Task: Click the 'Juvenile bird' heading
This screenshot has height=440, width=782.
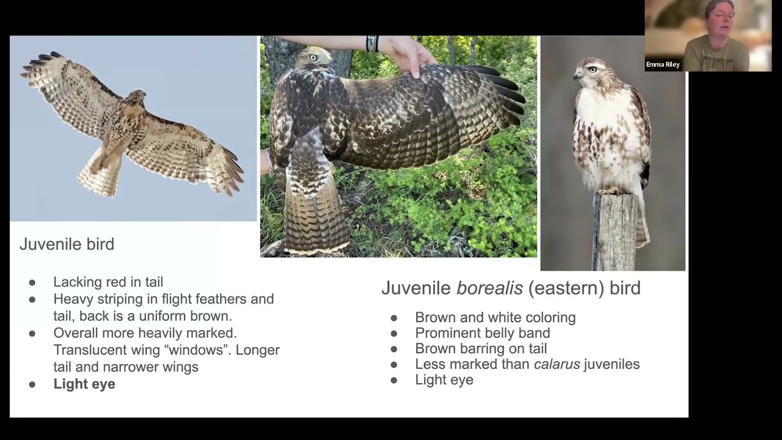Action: point(67,244)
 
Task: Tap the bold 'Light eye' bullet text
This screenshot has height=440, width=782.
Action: point(84,384)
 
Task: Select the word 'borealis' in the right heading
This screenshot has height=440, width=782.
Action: point(489,288)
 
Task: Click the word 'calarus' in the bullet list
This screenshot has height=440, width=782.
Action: point(556,364)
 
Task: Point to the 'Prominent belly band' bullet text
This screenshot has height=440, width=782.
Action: point(482,333)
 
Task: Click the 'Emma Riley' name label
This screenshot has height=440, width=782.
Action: point(662,65)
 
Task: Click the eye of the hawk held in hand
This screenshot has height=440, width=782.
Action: point(313,58)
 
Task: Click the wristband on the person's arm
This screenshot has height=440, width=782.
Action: point(372,43)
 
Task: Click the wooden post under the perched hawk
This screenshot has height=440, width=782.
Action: point(615,232)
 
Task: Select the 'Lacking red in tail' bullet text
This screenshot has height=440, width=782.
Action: point(108,282)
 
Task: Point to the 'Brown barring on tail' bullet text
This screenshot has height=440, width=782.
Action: point(481,348)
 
